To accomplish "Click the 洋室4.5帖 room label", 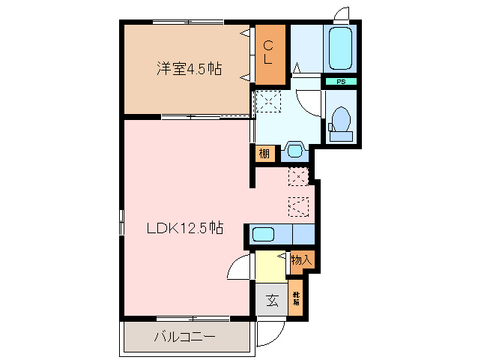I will tap(188, 68).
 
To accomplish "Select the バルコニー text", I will tap(185, 337).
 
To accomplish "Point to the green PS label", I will tap(340, 81).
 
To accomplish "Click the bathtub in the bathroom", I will tap(342, 49).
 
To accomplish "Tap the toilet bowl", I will tap(340, 121).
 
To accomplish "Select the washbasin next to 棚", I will tap(294, 151).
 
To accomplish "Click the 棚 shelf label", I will tap(264, 154).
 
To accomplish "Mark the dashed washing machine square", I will tap(267, 101).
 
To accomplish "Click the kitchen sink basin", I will tap(263, 234).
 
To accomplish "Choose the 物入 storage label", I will tap(301, 260).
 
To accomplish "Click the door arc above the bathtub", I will tap(341, 14).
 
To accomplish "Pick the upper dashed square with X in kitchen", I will tap(298, 177).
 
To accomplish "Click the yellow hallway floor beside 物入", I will tap(268, 266).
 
